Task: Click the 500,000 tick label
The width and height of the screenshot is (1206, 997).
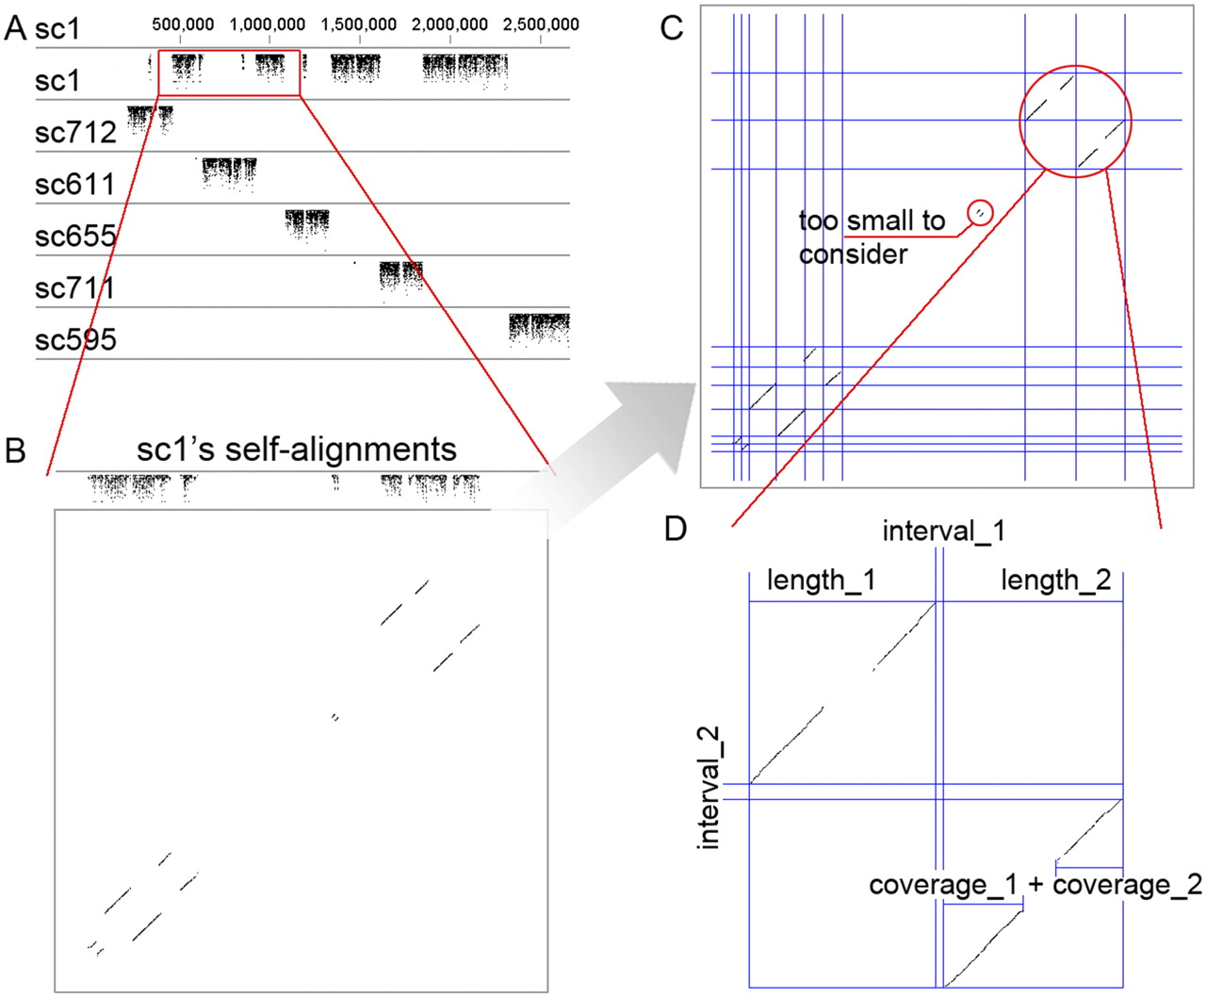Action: tap(183, 25)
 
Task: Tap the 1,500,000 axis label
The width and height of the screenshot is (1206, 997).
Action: tap(359, 25)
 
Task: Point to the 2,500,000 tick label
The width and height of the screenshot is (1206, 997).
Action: tap(541, 25)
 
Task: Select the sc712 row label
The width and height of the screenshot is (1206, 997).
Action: tap(75, 132)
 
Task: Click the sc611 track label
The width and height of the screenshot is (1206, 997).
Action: tap(75, 185)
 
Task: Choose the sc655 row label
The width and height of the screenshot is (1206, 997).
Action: tap(75, 236)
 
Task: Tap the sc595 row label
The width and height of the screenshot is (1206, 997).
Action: tap(75, 339)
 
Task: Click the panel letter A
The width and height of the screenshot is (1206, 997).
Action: tap(15, 27)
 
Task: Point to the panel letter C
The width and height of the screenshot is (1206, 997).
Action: tap(672, 27)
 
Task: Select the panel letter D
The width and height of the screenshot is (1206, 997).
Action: tap(676, 529)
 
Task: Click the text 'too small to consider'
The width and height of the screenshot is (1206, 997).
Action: tap(872, 237)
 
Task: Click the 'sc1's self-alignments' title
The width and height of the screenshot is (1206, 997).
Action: tap(296, 449)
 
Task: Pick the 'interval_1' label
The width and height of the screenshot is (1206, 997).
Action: tap(944, 531)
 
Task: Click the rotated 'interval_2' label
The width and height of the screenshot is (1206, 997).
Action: tap(709, 789)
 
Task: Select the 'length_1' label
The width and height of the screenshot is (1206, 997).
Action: tap(822, 580)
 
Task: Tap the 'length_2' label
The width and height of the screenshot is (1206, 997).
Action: tap(1056, 580)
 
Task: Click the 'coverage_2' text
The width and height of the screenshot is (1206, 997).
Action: tap(1128, 884)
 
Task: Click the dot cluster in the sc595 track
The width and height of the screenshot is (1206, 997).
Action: tap(540, 329)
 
